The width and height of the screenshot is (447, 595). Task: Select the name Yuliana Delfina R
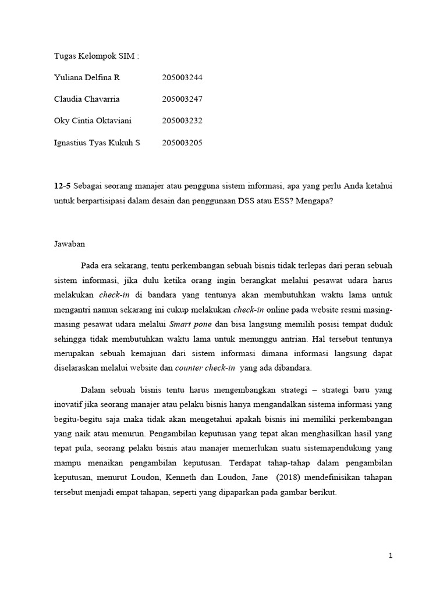coord(87,77)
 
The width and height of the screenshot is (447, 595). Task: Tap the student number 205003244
coord(182,77)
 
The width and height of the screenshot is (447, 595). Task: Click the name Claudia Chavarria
coord(87,99)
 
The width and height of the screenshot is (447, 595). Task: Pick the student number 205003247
coord(182,99)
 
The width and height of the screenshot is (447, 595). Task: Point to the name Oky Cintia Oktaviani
coord(93,121)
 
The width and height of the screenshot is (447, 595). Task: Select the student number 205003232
coord(182,121)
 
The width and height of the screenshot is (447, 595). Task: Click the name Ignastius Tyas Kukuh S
coord(97,142)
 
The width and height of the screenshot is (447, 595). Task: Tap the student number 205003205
coord(182,142)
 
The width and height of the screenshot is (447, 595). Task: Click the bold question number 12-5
coord(62,185)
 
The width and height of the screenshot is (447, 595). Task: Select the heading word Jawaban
coord(69,244)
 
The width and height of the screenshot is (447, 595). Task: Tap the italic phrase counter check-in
coord(213,368)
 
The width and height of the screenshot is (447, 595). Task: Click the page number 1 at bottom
coord(391,556)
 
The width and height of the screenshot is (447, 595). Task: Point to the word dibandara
coord(293,368)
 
